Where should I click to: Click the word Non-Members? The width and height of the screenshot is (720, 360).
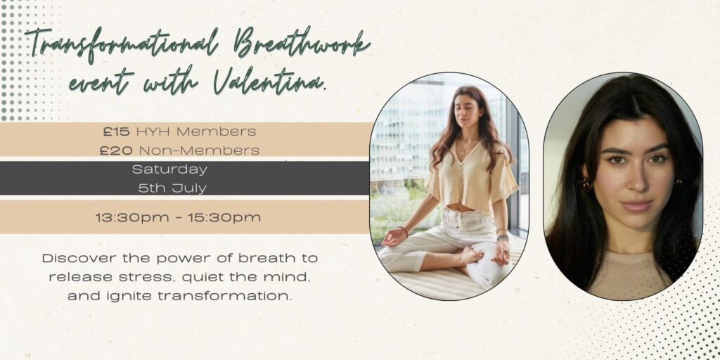coord(199,150)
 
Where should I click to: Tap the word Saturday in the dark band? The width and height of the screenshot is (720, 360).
coord(169,169)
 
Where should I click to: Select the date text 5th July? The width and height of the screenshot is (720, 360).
coord(172,188)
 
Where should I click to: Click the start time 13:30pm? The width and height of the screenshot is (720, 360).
coord(132,217)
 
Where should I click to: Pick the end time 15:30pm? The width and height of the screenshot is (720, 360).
coord(224,217)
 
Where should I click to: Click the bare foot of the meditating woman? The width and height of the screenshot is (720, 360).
coord(471,255)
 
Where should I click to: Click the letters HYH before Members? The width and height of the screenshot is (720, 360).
coord(153,131)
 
